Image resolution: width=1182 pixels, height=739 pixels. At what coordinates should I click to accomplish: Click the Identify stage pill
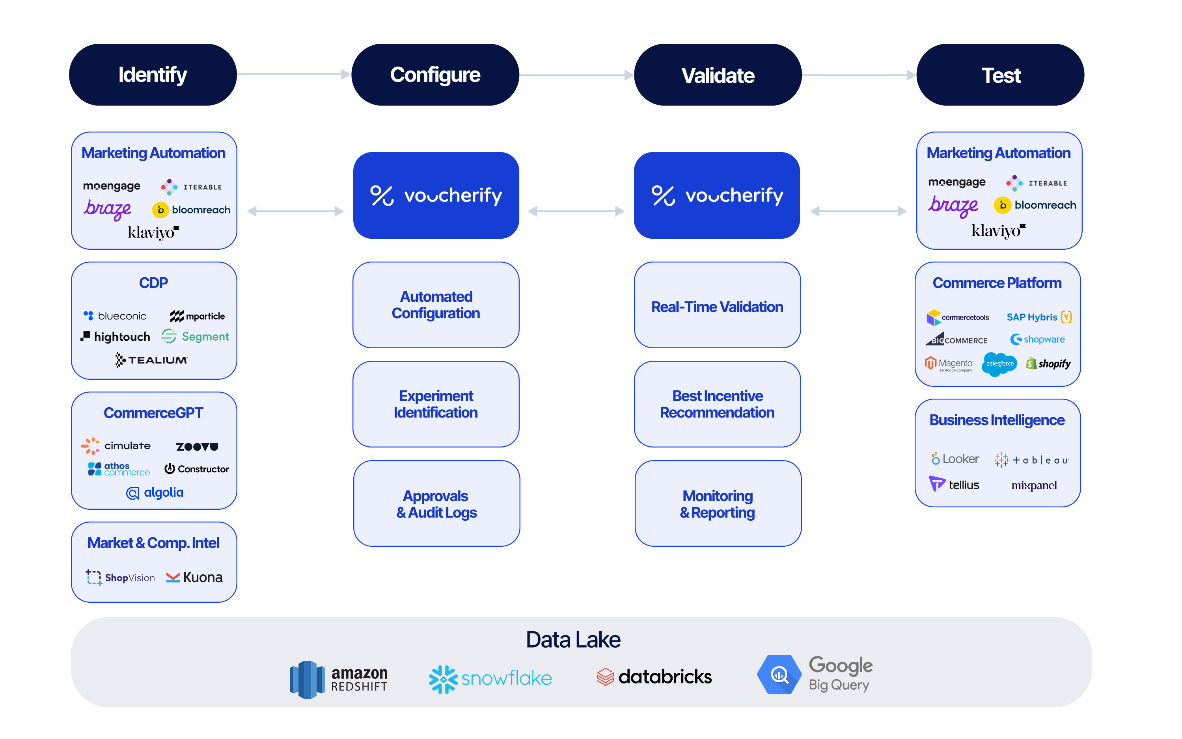point(153,75)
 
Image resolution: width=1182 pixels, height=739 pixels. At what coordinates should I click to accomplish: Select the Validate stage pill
point(718,75)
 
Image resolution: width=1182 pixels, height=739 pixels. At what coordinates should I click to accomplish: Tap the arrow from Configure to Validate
point(576,75)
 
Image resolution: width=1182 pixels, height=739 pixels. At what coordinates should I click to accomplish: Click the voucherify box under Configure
point(436,195)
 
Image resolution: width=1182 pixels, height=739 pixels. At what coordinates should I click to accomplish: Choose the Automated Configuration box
point(436,305)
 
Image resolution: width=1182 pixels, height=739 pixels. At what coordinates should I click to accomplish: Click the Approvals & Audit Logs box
point(436,503)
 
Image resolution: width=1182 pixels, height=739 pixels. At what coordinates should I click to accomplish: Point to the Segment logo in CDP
point(195,336)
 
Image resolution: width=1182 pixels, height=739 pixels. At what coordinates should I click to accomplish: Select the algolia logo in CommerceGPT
point(155,492)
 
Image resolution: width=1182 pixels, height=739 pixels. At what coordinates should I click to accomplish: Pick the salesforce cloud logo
point(999,364)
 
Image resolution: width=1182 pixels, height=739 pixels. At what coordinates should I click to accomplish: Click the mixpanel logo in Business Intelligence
point(1034,485)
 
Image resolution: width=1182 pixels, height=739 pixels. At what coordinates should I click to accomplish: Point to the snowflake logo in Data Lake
point(490,678)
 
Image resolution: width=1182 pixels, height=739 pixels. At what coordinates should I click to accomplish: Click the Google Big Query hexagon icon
point(779,674)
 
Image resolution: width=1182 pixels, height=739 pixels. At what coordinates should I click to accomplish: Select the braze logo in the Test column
point(953,206)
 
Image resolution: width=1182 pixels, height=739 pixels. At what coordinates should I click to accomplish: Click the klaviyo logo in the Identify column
point(153,232)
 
